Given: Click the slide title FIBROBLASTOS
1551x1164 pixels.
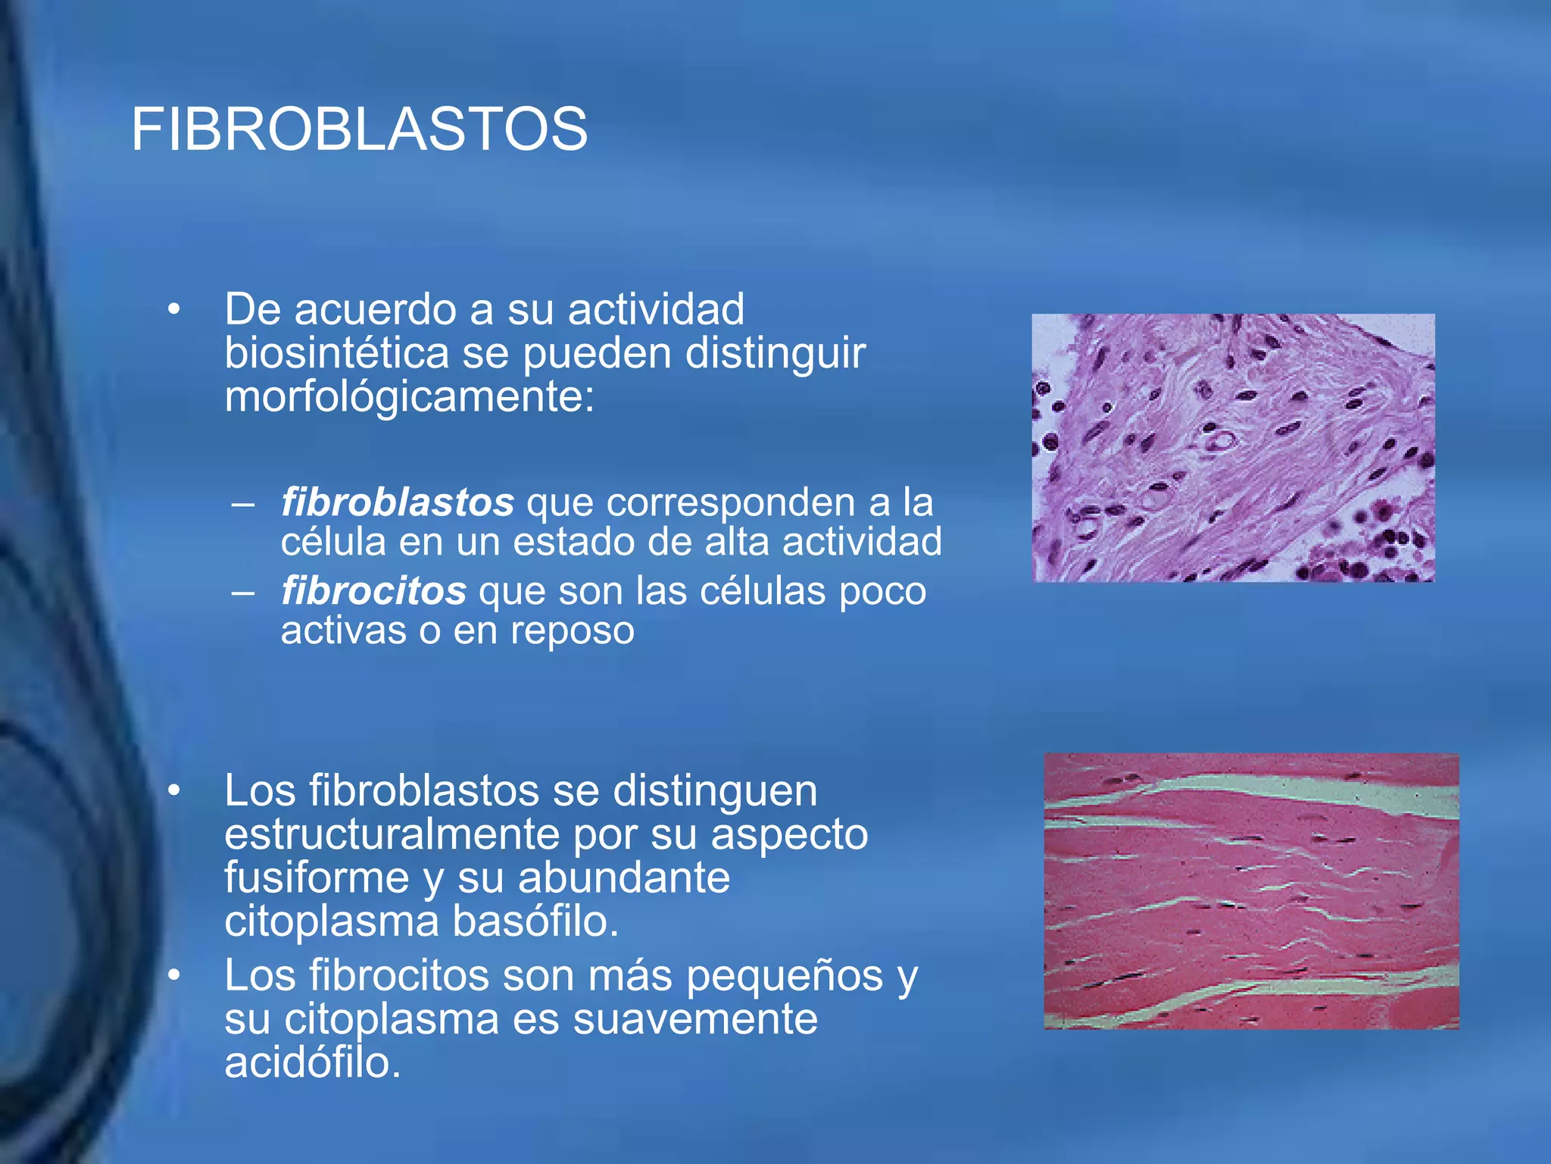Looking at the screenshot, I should pos(359,130).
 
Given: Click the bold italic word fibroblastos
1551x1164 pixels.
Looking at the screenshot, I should pos(397,502).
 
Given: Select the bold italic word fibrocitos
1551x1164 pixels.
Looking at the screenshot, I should pos(373,591).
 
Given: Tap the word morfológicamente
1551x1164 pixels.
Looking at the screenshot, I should pos(409,396).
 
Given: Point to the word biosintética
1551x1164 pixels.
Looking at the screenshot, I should pos(336,353).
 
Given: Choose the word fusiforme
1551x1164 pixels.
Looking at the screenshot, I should pos(317,878).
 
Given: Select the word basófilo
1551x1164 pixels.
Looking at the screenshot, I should pos(535,921).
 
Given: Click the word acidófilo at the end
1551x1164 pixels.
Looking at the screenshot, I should pos(312,1062).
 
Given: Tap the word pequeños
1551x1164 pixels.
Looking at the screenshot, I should pos(784,975).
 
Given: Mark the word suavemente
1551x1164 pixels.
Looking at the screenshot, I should pos(694,1018).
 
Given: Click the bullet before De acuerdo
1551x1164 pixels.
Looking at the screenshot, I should pos(175,310).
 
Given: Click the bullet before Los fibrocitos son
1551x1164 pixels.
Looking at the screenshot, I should pos(175,976).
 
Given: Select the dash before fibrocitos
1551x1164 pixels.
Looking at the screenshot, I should pos(243,592).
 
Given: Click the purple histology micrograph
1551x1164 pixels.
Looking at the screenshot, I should pos(1233,448).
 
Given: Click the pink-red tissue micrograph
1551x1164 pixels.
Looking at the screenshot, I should pos(1251,891).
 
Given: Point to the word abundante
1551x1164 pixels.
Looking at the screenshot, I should pos(624,878).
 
